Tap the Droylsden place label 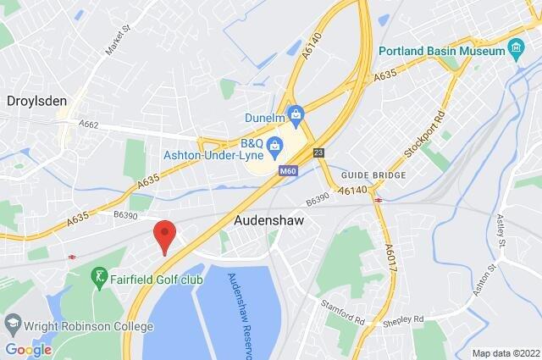point(36,101)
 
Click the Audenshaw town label point(267,220)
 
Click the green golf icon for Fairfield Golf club point(100,277)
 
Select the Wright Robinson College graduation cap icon point(13,323)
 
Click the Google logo point(28,349)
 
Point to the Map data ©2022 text point(505,352)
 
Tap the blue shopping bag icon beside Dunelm point(296,113)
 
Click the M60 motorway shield point(290,169)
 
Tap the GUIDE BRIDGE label point(373,174)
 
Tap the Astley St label point(501,228)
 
